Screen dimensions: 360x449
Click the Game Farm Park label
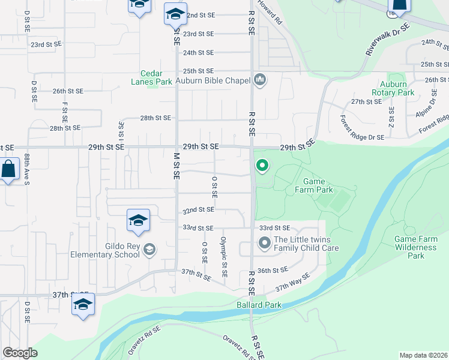318,185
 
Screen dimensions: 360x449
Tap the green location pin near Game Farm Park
262,165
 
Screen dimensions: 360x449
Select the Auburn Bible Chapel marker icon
260,79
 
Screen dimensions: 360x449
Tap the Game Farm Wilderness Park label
415,247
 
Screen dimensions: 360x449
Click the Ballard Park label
258,305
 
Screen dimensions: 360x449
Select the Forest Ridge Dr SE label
362,128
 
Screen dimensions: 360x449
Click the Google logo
20,353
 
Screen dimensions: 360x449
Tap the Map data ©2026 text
423,355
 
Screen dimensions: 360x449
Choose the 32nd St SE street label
199,211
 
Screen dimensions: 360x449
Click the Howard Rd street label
270,12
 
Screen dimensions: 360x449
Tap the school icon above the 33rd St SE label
138,220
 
